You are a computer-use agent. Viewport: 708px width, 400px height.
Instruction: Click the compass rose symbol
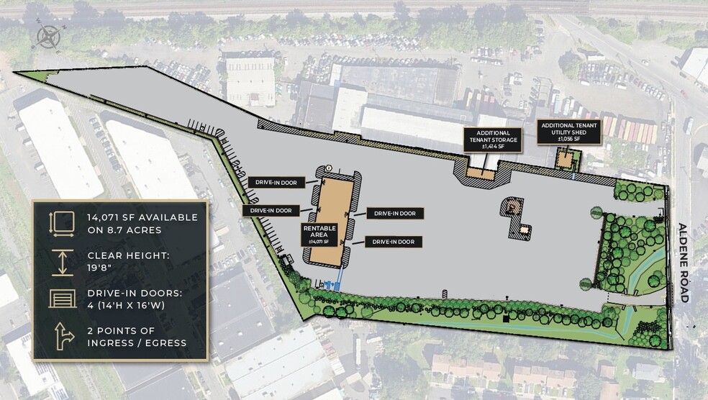pos(47,35)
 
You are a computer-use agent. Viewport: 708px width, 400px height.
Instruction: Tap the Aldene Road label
pos(684,263)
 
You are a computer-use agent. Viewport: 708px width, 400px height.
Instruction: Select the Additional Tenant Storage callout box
pos(493,139)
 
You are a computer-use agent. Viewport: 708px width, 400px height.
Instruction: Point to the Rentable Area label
pos(314,233)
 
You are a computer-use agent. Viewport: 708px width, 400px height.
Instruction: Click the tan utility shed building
pos(566,157)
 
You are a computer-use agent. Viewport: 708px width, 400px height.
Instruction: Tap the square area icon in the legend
pos(63,223)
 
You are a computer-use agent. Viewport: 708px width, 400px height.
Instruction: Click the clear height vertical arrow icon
pos(63,261)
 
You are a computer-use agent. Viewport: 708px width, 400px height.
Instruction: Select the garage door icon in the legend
pos(63,298)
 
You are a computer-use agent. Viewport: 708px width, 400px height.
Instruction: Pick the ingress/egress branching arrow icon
pos(63,335)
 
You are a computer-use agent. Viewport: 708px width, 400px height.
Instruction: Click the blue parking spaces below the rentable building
pos(333,284)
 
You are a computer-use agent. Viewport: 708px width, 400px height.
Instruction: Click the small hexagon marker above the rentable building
pos(328,167)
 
